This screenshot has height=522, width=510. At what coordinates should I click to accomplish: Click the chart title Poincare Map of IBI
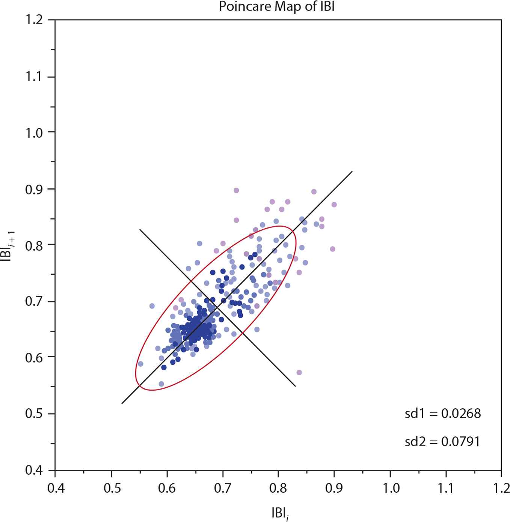click(x=276, y=6)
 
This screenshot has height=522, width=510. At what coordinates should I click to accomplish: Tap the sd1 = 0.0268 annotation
click(x=442, y=414)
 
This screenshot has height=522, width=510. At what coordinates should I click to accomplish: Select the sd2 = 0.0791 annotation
click(x=442, y=442)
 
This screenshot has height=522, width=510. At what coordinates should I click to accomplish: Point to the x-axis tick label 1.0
click(x=391, y=488)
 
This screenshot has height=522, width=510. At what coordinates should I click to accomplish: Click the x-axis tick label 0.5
click(x=112, y=488)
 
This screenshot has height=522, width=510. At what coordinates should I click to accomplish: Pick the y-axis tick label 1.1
click(x=34, y=77)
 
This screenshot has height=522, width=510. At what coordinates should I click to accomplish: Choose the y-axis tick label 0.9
click(x=34, y=190)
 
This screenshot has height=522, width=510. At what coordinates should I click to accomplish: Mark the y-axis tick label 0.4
click(x=34, y=471)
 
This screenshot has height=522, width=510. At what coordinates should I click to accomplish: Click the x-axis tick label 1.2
click(x=501, y=488)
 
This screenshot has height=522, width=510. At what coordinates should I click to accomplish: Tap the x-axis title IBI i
click(x=280, y=513)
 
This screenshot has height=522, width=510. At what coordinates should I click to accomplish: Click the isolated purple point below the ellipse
click(x=299, y=373)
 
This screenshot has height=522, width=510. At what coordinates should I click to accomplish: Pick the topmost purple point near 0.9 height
click(x=236, y=190)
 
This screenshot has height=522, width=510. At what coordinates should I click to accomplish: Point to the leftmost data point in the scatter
click(x=140, y=364)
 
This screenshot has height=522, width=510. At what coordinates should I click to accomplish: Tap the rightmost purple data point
click(x=334, y=205)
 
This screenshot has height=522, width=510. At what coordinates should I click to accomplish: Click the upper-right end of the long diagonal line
click(x=352, y=171)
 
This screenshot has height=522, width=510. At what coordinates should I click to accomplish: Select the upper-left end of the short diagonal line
click(x=140, y=229)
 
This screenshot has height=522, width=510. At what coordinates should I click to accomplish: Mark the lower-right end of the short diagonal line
click(x=295, y=386)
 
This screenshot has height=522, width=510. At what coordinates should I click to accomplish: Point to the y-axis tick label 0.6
click(x=34, y=358)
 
